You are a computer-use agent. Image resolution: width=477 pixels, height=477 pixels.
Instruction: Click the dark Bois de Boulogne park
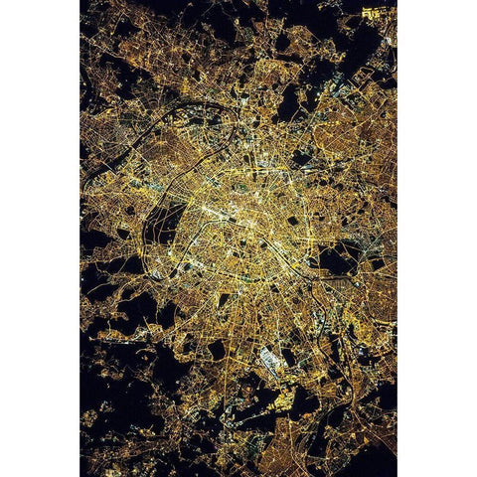tap(164, 224)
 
